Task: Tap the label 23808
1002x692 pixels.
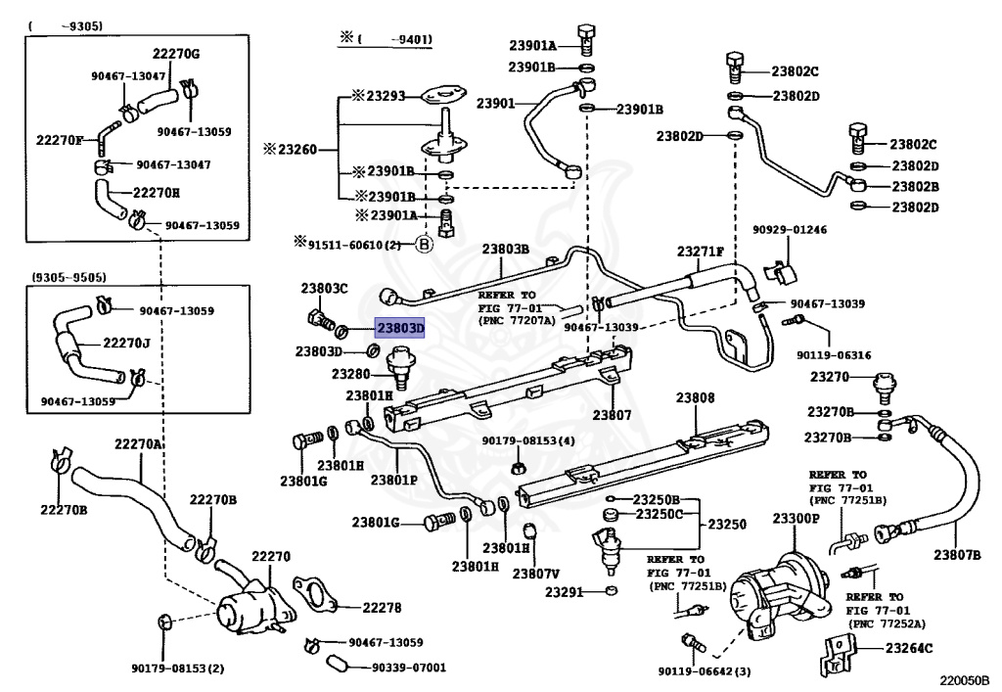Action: coord(695,398)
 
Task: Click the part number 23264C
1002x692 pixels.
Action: coord(909,648)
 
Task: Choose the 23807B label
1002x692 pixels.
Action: coord(956,556)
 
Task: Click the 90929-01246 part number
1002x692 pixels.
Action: coord(790,230)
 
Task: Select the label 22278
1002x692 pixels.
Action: coord(382,608)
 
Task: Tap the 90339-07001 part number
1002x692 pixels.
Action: coord(408,668)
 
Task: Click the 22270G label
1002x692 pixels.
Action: coord(175,53)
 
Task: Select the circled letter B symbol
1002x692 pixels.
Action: coord(425,245)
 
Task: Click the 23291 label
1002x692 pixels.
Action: coord(565,592)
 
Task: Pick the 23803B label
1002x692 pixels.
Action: coord(505,249)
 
